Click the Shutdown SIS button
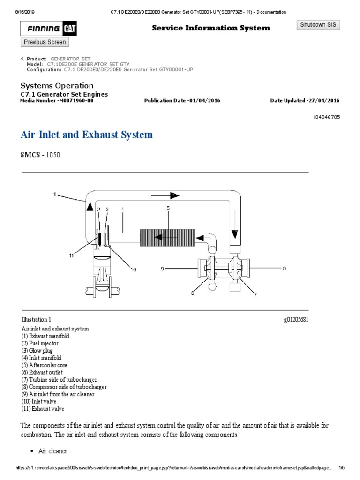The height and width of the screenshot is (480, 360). pos(319,25)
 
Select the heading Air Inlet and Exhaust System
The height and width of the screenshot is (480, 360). pos(87,135)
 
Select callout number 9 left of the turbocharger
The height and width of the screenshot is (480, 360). pos(163,269)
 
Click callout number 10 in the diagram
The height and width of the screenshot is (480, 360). pos(133,270)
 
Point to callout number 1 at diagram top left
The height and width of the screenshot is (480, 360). pos(55,194)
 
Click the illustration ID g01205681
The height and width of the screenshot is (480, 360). pos(296,320)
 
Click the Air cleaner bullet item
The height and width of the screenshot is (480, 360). pos(52,451)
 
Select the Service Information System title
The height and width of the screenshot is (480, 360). pos(210,28)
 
